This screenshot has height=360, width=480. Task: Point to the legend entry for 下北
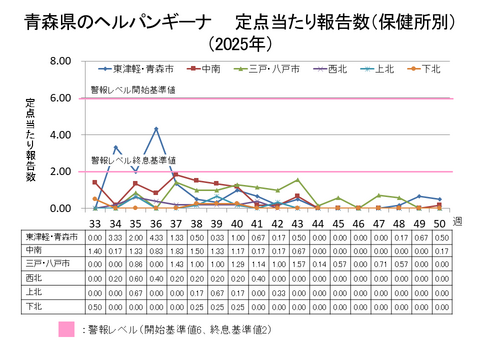tap(427, 69)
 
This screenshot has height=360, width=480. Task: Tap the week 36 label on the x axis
tap(157, 221)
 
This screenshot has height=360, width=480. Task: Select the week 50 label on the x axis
tap(439, 221)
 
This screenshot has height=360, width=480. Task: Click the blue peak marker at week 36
tap(157, 129)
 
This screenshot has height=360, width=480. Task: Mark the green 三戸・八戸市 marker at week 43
tap(298, 180)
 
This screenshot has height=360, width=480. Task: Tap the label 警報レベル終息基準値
tap(133, 160)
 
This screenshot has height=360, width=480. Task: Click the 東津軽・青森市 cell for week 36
tap(157, 235)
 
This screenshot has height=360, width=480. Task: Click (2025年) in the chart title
tap(240, 44)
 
